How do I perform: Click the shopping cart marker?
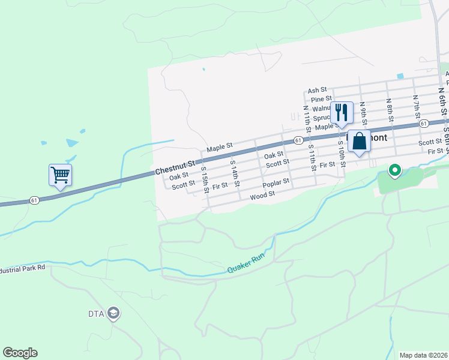tap(60, 175)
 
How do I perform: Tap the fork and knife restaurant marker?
tap(342, 112)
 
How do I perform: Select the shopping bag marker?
tap(359, 142)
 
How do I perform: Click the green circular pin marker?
tap(394, 171)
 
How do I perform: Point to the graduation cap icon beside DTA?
tap(113, 313)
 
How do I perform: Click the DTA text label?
tap(96, 313)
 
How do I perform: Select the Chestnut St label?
tap(175, 167)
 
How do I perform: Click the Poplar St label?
tap(276, 181)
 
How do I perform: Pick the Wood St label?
tap(262, 195)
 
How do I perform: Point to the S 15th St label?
tap(204, 180)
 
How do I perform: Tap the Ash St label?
tap(317, 90)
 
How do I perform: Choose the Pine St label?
tap(322, 99)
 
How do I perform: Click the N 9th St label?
tap(363, 113)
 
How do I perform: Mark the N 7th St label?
tap(416, 106)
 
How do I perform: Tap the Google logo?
tap(20, 353)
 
